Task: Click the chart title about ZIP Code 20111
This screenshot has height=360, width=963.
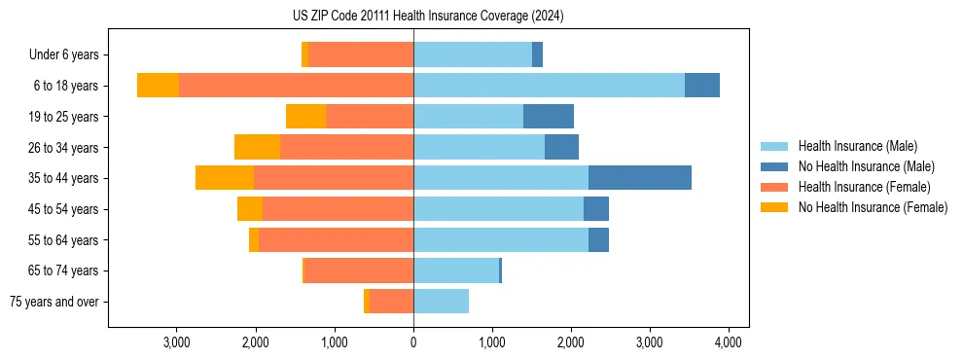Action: click(428, 17)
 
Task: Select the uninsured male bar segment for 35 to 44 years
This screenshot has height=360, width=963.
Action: click(639, 178)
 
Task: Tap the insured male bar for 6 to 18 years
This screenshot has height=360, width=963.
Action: click(549, 86)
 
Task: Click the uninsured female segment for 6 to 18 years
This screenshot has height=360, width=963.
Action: click(158, 86)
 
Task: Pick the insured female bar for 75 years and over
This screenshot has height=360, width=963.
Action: click(391, 302)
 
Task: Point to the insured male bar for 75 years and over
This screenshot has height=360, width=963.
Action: click(441, 302)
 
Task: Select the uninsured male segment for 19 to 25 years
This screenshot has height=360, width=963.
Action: click(548, 117)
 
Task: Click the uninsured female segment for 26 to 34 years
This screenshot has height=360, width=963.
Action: click(257, 147)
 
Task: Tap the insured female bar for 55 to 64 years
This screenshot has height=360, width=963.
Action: click(336, 239)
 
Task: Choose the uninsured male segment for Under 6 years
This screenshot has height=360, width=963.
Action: click(537, 54)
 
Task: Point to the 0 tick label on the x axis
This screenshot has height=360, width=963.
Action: click(413, 342)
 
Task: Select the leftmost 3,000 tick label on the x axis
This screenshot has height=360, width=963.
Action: click(176, 342)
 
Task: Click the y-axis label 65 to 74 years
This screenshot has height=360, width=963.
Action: click(63, 270)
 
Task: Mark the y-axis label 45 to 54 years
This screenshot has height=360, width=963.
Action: click(63, 209)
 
